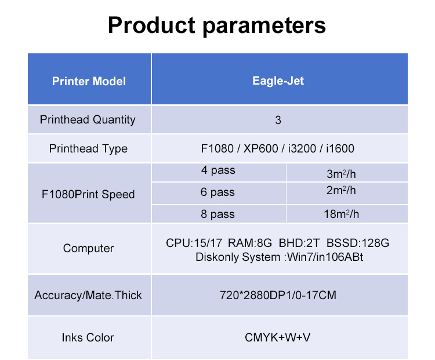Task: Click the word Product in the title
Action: (151, 25)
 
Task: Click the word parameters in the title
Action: (264, 26)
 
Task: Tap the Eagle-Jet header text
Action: (278, 81)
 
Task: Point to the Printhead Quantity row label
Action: (88, 120)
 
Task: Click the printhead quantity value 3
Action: (278, 120)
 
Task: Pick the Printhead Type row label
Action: (88, 148)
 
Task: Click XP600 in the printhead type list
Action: (260, 148)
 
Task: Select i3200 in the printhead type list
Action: (302, 148)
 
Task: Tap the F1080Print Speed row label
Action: (88, 194)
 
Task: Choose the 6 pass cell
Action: (217, 192)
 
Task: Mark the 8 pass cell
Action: (217, 214)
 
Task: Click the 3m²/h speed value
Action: (341, 174)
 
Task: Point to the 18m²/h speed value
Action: (341, 214)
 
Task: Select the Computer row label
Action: (89, 248)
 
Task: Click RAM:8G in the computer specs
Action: (249, 243)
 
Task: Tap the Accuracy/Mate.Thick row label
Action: (88, 295)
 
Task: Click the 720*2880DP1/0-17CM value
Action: (278, 295)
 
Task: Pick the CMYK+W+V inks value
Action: (277, 337)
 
